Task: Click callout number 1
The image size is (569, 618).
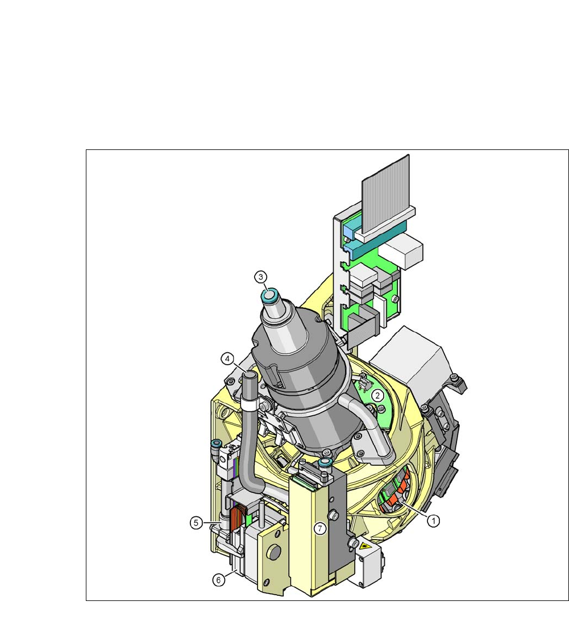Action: pos(433,521)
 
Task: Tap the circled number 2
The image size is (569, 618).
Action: pos(378,395)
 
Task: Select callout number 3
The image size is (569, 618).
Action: pos(260,277)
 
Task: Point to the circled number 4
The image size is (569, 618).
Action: pos(227,358)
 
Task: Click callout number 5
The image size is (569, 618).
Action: pos(196,523)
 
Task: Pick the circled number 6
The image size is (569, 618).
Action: pos(219,580)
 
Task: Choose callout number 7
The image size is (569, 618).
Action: pos(320,528)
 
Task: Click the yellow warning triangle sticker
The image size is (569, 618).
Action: pos(363,546)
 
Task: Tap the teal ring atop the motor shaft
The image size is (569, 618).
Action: pos(269,295)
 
